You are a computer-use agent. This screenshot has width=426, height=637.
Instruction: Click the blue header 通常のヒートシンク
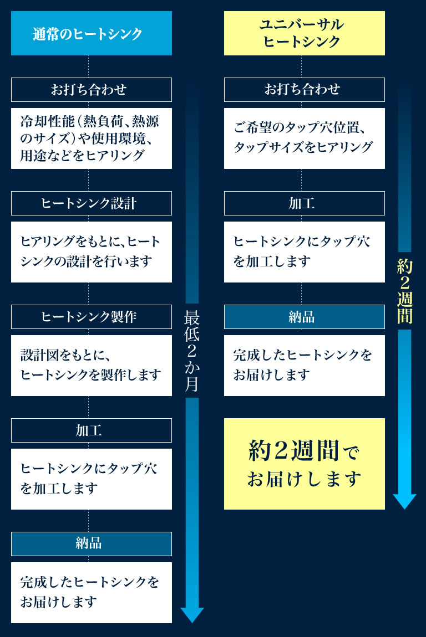click(91, 33)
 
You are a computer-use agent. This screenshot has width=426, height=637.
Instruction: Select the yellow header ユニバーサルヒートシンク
click(305, 33)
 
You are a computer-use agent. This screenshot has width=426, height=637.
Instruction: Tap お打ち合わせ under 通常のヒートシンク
click(91, 90)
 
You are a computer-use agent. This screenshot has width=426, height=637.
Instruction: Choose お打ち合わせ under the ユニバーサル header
click(305, 90)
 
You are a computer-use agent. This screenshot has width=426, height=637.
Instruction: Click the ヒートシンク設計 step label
click(91, 203)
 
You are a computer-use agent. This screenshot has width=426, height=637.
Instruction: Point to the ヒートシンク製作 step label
click(91, 317)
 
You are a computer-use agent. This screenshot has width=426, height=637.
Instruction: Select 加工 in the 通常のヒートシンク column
click(91, 430)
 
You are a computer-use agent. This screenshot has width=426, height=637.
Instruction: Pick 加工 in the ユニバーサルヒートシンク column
click(305, 203)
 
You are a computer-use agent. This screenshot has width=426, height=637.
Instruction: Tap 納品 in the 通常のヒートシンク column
click(91, 543)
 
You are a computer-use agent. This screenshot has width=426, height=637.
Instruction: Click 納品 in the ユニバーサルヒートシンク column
click(305, 317)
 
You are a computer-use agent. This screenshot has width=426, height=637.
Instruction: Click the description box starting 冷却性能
click(91, 138)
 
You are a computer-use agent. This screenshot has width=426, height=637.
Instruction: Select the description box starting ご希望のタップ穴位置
click(305, 138)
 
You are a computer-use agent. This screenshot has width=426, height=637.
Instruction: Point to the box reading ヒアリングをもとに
click(91, 252)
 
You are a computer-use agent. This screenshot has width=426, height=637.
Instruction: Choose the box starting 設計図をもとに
click(91, 366)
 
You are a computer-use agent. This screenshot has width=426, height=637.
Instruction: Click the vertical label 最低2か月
click(191, 351)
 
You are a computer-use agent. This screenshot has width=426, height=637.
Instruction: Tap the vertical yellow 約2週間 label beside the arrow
click(405, 291)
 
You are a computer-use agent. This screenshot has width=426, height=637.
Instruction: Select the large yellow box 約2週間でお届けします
click(305, 464)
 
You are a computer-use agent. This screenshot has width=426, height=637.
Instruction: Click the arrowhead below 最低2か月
click(192, 615)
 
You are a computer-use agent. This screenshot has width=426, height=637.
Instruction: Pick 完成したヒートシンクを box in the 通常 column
click(91, 593)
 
